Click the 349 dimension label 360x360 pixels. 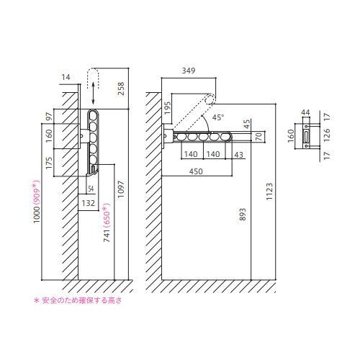pyautogui.click(x=189, y=71)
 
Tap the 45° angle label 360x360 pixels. pyautogui.click(x=218, y=117)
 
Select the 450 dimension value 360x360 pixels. pyautogui.click(x=196, y=171)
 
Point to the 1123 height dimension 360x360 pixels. pyautogui.click(x=269, y=192)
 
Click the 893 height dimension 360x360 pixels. pyautogui.click(x=243, y=215)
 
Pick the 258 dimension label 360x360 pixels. pyautogui.click(x=121, y=89)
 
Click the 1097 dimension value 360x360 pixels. pyautogui.click(x=121, y=189)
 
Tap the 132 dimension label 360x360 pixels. pyautogui.click(x=89, y=203)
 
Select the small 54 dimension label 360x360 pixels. pyautogui.click(x=91, y=189)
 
